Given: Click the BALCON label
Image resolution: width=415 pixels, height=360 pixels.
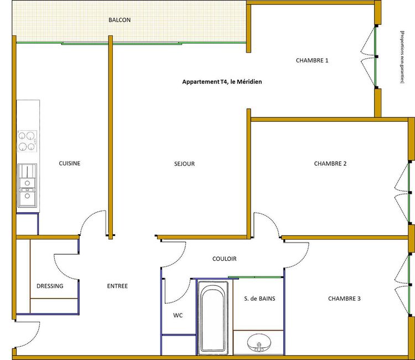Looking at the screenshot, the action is pos(120,20).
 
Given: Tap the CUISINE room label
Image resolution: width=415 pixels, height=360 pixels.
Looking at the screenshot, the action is pos(70,163).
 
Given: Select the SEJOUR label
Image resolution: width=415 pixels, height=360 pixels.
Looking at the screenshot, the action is pos(184,164).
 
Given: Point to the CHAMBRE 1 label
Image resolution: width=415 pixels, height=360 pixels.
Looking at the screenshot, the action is pos(312,60).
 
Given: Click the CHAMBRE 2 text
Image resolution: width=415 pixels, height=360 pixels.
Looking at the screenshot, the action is pos(330,164).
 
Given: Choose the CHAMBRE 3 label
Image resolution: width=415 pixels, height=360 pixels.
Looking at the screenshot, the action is pos(344,299).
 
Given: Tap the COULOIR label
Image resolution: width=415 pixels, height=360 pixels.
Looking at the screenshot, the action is pos(225,259).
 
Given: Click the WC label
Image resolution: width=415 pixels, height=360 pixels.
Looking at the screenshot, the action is pos(178,316).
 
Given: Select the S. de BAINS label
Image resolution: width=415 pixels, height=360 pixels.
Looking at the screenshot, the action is pos(260,299).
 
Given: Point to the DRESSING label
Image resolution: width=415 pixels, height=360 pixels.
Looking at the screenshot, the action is pos(50,286).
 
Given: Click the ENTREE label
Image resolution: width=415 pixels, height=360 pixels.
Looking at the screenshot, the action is pos(117,286).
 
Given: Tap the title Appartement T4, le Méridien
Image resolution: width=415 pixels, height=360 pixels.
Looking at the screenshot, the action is pos(222,82).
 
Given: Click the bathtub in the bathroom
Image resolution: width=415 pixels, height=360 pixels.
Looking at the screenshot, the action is pos(214,318).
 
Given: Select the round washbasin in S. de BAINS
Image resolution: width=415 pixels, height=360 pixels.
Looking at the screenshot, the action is pos(259,342).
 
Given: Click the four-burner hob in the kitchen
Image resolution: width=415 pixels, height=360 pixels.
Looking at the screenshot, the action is pos(27,141).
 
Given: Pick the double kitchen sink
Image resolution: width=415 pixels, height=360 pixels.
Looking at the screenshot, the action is pos(27,186).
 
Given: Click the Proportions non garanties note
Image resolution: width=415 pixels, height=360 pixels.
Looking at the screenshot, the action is pos(402,57).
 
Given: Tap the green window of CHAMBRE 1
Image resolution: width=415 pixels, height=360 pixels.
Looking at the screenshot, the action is pos(375,56).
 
